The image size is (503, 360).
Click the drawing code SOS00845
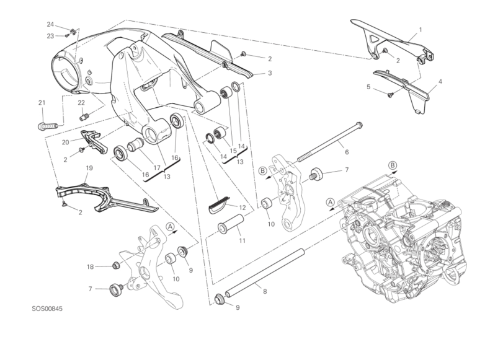tap(49, 308)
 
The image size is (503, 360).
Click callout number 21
tap(42, 102)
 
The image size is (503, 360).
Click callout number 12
tap(243, 208)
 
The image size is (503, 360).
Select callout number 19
tap(89, 168)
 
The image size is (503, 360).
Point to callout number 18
tap(89, 267)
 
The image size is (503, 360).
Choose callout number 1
tap(420, 29)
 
